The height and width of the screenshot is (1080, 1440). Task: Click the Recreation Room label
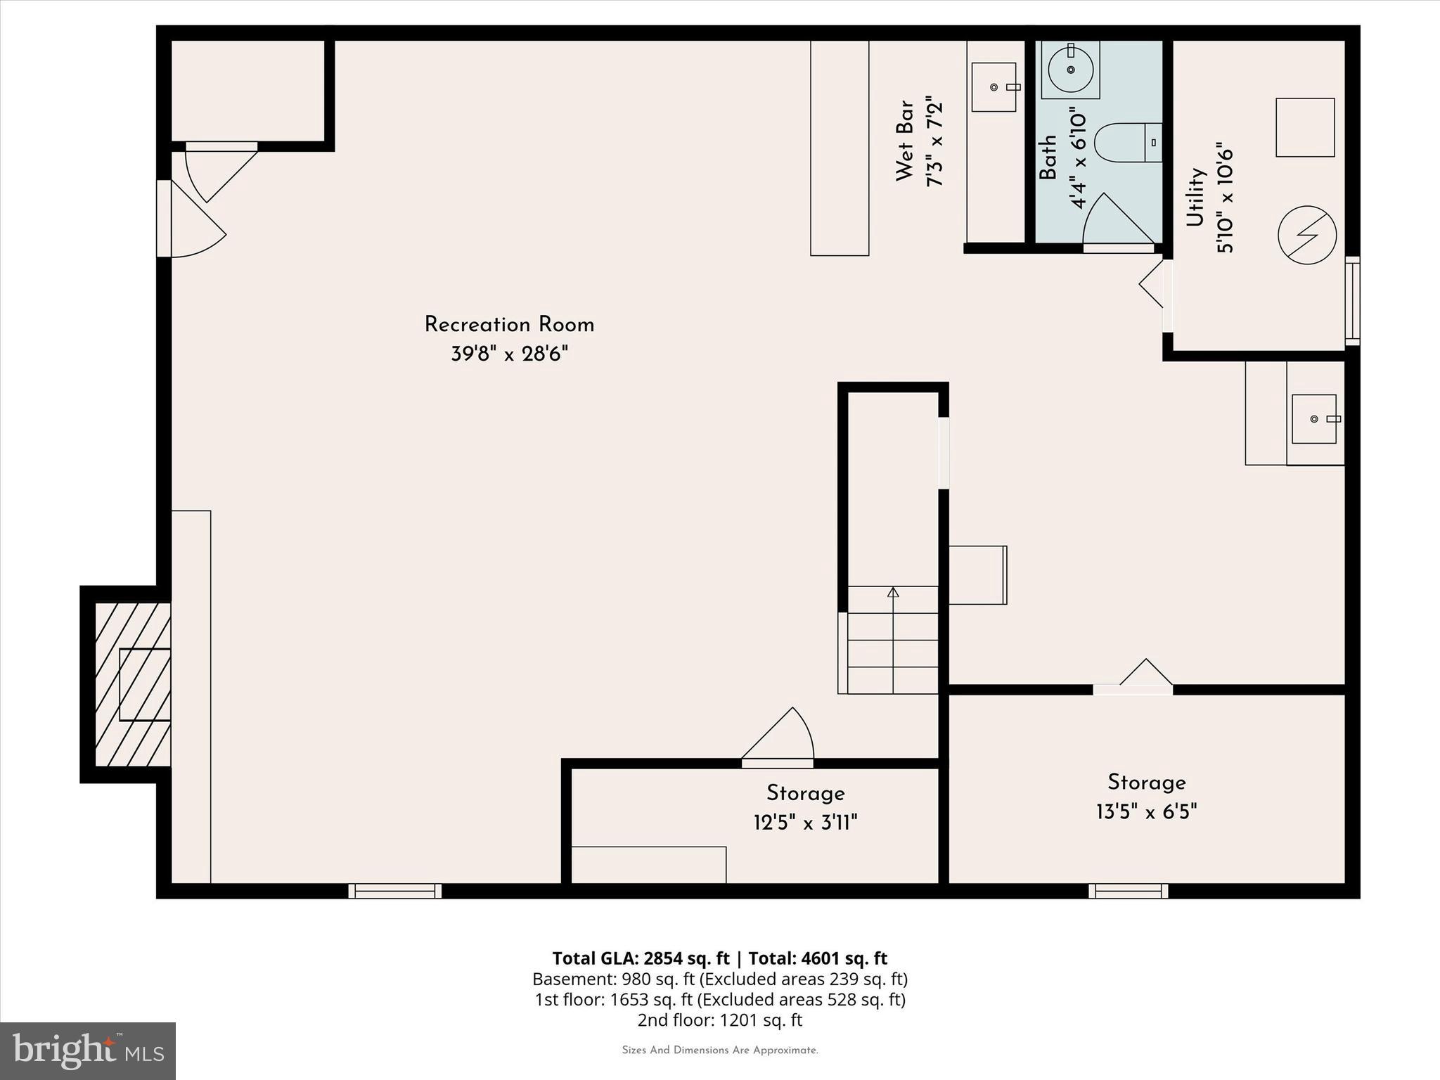click(x=509, y=325)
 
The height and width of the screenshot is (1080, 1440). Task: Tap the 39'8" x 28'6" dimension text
click(x=509, y=354)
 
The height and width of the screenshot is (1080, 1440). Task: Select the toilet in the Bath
click(x=1129, y=143)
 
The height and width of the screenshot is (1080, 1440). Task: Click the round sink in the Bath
click(x=1070, y=70)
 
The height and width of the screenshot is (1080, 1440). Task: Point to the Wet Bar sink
click(x=994, y=86)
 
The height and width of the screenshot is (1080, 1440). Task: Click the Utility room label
click(x=1195, y=197)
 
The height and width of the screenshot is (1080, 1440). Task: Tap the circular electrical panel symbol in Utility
click(x=1307, y=235)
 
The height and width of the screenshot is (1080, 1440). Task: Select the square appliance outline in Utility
click(x=1306, y=127)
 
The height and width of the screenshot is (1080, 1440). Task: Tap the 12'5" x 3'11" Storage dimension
click(x=806, y=822)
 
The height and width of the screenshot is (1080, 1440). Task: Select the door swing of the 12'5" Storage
click(x=778, y=735)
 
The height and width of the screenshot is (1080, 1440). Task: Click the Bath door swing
click(x=1119, y=219)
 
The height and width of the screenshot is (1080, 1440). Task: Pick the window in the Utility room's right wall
click(x=1353, y=301)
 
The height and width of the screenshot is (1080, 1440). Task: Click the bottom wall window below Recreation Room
click(x=395, y=891)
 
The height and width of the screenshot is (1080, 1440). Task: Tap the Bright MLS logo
click(x=88, y=1051)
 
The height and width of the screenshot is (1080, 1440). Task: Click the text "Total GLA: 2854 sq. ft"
click(x=641, y=958)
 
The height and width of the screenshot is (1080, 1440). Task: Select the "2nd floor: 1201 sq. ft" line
click(x=720, y=1020)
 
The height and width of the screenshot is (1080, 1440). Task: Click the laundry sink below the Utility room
click(x=1314, y=419)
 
